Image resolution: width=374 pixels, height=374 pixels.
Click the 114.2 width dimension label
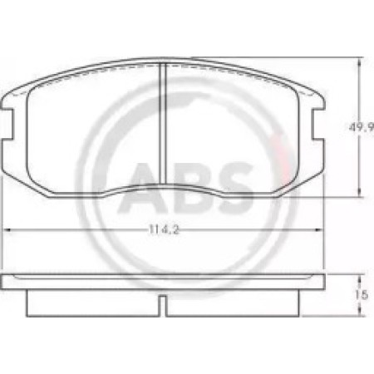164,229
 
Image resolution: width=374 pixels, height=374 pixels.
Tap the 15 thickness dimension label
362,295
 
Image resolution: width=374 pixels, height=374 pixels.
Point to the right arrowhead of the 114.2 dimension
319,229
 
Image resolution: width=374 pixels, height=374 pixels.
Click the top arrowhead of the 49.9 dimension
359,62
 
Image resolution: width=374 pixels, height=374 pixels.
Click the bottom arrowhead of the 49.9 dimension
359,193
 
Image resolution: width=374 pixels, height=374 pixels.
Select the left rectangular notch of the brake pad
7,123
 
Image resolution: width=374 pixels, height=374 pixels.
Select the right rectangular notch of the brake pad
317,123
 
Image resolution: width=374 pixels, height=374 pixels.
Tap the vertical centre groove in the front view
163,123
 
